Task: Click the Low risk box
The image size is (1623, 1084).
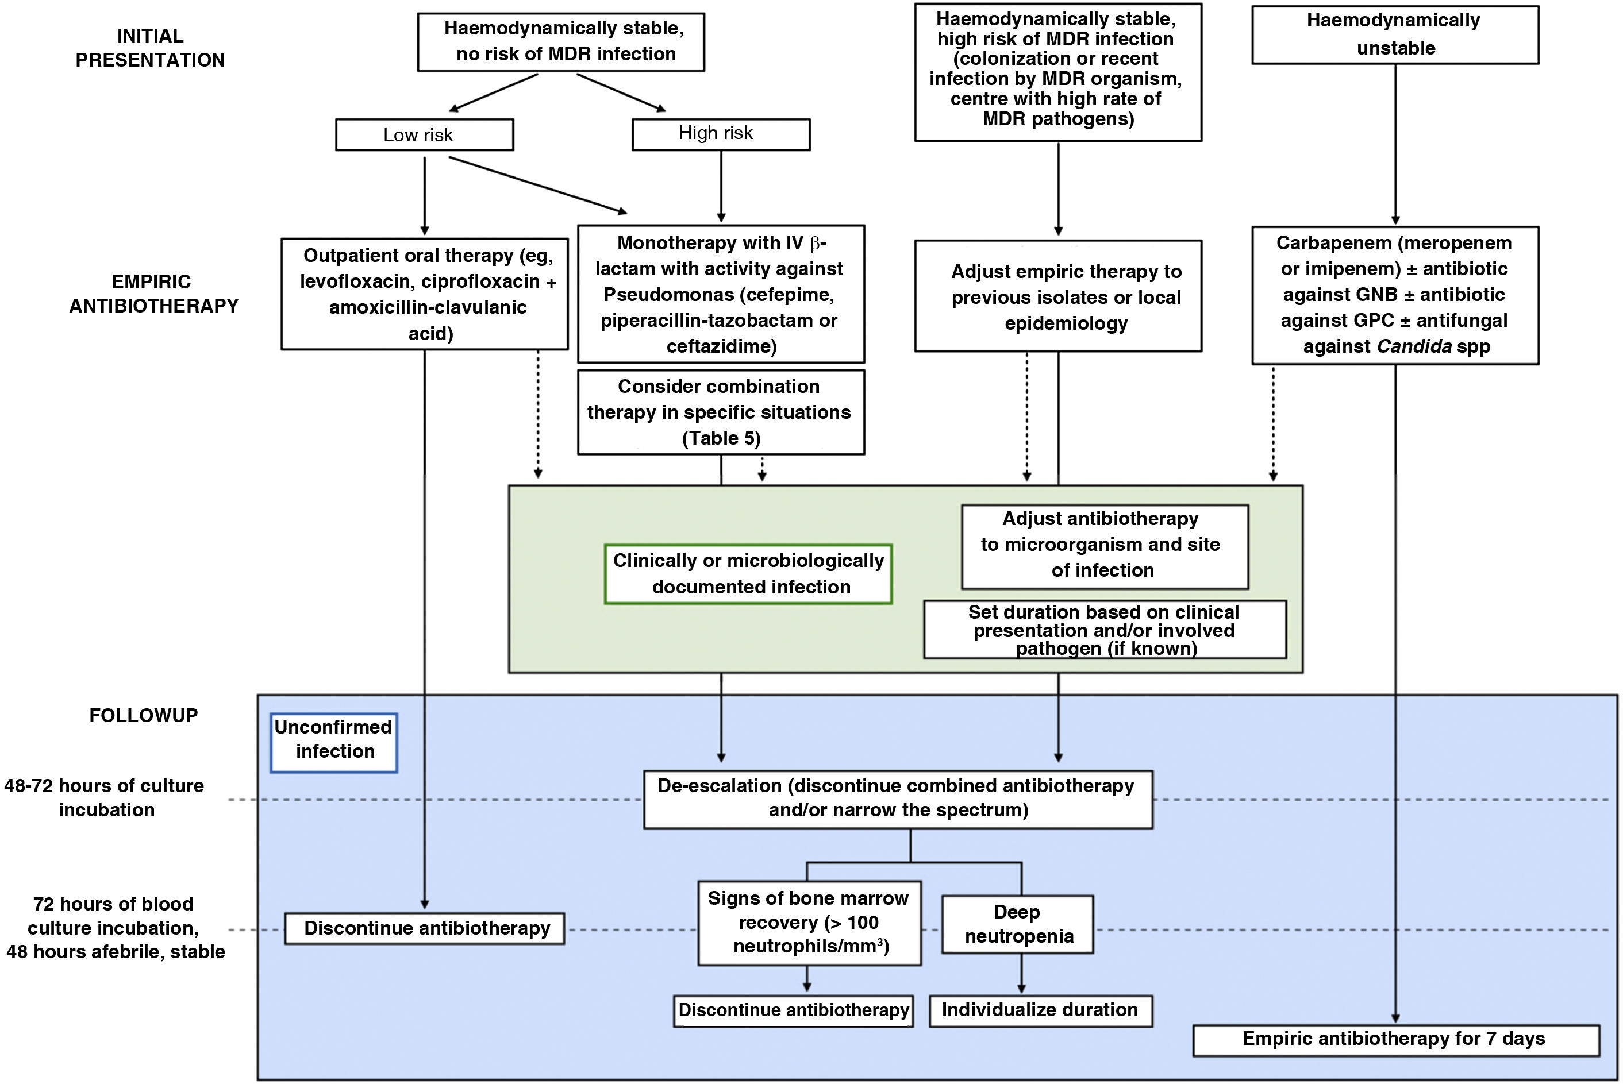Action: click(x=424, y=135)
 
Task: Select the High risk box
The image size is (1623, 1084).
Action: click(x=721, y=133)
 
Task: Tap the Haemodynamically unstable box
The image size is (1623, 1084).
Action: click(x=1395, y=34)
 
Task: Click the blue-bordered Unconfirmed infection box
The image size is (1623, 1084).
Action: click(x=333, y=742)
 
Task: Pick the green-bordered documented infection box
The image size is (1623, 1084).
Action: click(x=748, y=574)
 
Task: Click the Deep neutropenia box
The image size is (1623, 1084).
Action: click(x=1017, y=924)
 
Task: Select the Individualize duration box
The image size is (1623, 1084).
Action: click(x=1040, y=1010)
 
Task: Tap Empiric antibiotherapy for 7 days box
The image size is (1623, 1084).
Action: click(x=1395, y=1040)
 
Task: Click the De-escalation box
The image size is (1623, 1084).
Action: click(x=897, y=798)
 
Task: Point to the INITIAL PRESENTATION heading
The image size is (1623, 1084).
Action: click(x=150, y=48)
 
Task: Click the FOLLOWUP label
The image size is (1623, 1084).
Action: click(x=143, y=716)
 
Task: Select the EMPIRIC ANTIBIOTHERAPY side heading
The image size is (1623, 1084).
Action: click(x=153, y=294)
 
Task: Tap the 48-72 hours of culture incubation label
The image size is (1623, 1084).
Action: click(x=105, y=798)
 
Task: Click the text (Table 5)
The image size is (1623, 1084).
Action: click(x=721, y=438)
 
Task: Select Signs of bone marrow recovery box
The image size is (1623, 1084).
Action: click(x=809, y=922)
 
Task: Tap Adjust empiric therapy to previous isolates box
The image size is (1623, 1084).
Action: click(x=1058, y=297)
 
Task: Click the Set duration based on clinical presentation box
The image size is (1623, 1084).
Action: click(x=1105, y=630)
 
